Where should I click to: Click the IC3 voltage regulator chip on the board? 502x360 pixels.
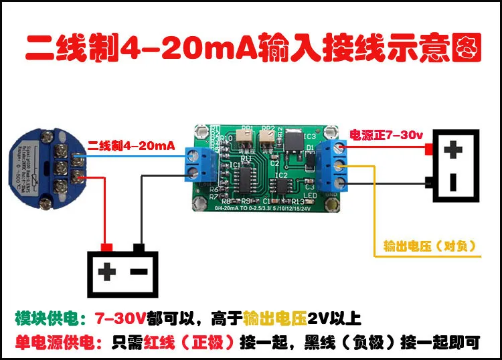[292, 138]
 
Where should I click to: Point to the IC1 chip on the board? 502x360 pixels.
[246, 177]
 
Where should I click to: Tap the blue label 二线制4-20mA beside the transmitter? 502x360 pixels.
[132, 145]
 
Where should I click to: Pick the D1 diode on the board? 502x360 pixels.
[310, 153]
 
